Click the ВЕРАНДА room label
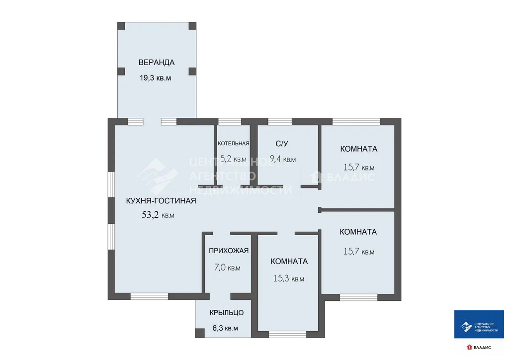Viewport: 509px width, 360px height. (156, 62)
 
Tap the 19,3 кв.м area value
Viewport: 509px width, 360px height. (156, 78)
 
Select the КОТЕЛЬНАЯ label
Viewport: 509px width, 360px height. (233, 143)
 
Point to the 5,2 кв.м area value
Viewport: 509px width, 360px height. (233, 159)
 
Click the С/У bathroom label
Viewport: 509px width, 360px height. (282, 144)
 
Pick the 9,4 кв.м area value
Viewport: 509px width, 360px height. (282, 159)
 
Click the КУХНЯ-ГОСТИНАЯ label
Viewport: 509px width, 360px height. (161, 201)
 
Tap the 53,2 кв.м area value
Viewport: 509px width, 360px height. (158, 215)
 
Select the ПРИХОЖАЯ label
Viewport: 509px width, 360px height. (229, 251)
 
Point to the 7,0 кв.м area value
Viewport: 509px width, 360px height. (227, 268)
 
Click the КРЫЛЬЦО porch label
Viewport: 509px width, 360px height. (227, 312)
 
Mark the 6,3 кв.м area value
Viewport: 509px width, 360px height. (225, 328)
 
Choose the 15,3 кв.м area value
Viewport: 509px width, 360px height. (289, 279)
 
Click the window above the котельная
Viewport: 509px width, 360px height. (230, 121)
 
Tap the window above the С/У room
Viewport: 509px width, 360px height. (280, 121)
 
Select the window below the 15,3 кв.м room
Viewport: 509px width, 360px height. (287, 334)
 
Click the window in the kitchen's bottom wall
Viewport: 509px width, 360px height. (149, 296)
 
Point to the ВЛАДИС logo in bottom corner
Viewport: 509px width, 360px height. (479, 347)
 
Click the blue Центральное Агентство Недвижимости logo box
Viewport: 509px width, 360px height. (479, 325)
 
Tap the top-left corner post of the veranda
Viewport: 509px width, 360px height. (121, 25)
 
